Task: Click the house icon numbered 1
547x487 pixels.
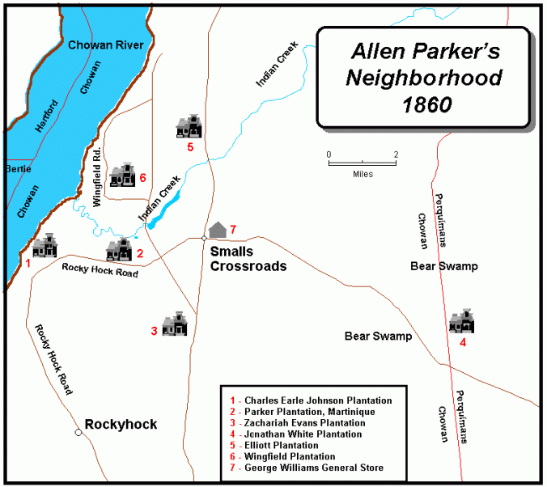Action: (45, 246)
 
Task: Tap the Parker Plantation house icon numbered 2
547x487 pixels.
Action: (119, 249)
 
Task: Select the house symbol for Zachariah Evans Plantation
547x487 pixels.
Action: (175, 324)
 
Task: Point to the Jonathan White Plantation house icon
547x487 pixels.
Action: (461, 320)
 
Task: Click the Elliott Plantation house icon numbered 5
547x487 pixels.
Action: (189, 126)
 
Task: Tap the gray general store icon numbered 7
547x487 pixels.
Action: (217, 230)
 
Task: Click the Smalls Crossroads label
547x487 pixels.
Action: (248, 258)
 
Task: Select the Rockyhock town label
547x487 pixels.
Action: (121, 425)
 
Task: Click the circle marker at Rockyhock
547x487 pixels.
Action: (78, 433)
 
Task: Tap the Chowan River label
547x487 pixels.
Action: (106, 45)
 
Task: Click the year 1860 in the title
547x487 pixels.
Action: (418, 105)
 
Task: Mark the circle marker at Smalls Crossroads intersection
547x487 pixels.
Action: (203, 238)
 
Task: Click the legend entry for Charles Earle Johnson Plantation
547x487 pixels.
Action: (316, 400)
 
